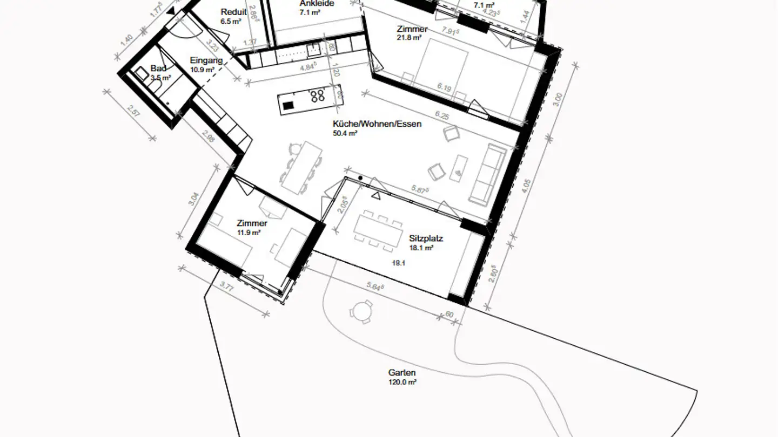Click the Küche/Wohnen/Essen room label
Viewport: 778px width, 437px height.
pos(377,124)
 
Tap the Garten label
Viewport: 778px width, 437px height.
pos(402,373)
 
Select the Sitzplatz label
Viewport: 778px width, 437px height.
pos(426,238)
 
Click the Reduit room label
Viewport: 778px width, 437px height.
pos(233,12)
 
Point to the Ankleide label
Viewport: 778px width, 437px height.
pos(317,4)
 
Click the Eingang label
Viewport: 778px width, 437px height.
pos(206,61)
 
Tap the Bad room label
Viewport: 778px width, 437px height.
pos(158,69)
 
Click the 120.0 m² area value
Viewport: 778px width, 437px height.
pos(402,382)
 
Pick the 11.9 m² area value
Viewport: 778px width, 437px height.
pos(249,233)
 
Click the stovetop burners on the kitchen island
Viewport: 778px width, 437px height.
pos(317,96)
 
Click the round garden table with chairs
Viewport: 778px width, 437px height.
pos(360,311)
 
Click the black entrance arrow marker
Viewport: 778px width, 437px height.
pos(171,10)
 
